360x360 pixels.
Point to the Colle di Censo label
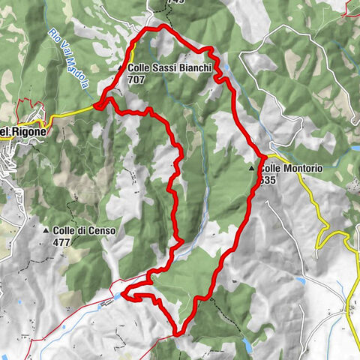point(84,231)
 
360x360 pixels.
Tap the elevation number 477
point(62,242)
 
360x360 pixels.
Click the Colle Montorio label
point(292,169)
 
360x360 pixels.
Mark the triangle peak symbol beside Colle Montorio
point(253,169)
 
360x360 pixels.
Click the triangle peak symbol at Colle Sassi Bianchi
point(121,67)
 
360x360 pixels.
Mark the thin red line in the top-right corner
point(351,9)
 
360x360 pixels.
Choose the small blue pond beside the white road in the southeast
point(302,280)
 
